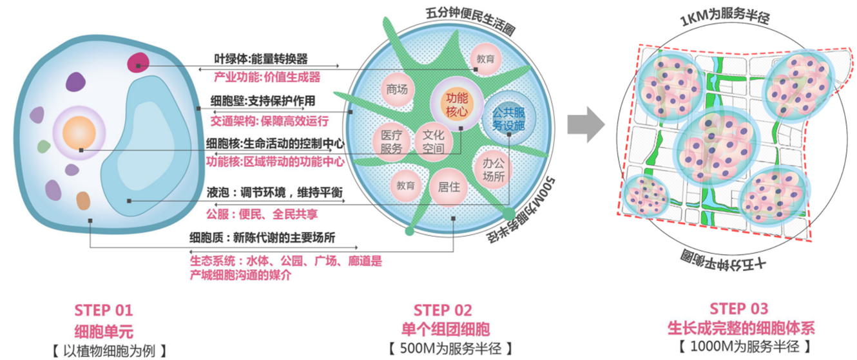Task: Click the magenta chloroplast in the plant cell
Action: [138, 62]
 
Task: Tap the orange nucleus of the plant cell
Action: [79, 133]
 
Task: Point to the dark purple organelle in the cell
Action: [75, 82]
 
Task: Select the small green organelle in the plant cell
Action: [44, 147]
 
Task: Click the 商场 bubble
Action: [397, 90]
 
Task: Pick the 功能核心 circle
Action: [457, 104]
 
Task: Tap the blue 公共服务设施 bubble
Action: [508, 118]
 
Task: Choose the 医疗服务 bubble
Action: [391, 142]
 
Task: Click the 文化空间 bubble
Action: [434, 142]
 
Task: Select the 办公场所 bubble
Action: [493, 169]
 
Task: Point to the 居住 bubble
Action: [448, 187]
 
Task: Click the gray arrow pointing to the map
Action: [586, 125]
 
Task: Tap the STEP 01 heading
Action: [103, 310]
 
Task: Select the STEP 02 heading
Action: [443, 310]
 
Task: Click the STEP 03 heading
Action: [739, 308]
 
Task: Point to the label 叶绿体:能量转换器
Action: [261, 59]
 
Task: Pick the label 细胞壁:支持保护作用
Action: [263, 101]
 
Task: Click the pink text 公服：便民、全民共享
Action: [262, 214]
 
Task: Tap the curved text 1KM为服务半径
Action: [725, 17]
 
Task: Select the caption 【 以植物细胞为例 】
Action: [110, 350]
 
